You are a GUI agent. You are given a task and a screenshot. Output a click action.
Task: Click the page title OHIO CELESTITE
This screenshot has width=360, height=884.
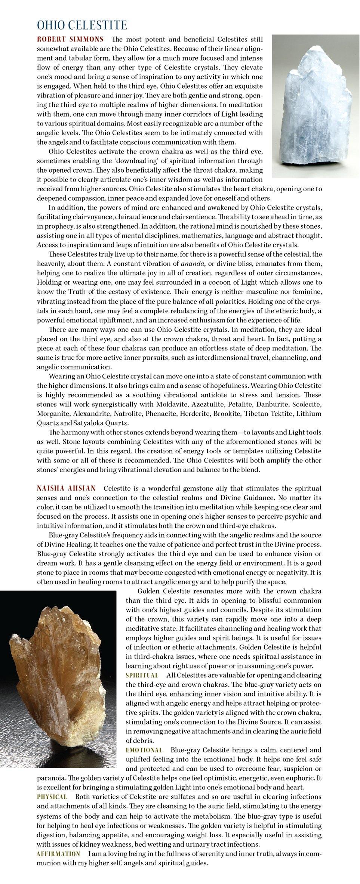(82, 25)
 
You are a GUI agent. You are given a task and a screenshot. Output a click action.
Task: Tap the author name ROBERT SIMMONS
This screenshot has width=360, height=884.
(70, 39)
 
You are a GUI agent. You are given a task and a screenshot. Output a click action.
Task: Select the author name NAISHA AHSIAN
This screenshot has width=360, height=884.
(66, 488)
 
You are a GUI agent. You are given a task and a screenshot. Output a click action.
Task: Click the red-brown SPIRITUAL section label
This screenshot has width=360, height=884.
(142, 675)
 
